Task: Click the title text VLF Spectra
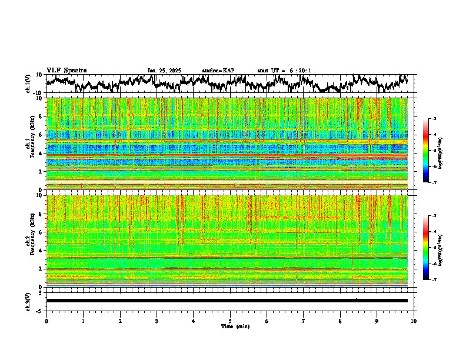pos(66,70)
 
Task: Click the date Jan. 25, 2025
pos(164,71)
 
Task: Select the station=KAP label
pos(218,71)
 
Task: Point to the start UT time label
pos(284,71)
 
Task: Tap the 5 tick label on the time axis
pos(230,321)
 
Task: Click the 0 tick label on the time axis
pos(46,321)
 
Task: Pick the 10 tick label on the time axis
pos(414,321)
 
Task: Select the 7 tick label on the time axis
pos(304,321)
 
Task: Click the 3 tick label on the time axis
pos(157,321)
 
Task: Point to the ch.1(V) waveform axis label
pos(28,83)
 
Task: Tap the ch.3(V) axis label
pos(28,301)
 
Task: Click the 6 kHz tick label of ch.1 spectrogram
pos(41,135)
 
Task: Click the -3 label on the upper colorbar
pos(434,119)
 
